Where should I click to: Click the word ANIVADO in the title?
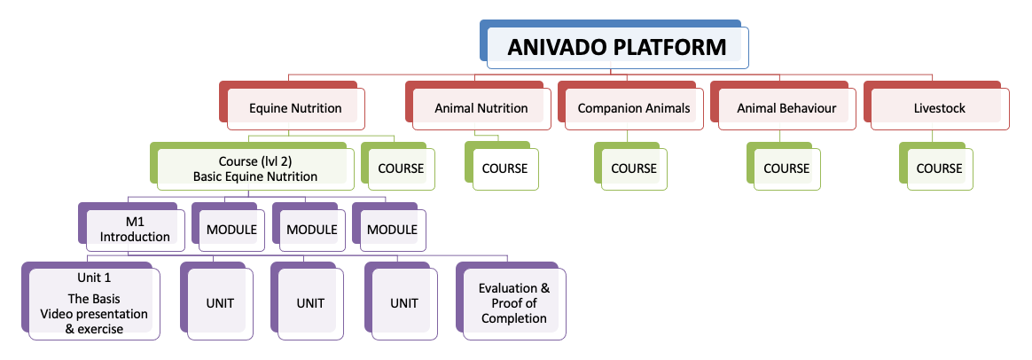558,47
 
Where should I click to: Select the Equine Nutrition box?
295,108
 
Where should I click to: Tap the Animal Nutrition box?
481,108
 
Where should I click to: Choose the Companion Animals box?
633,108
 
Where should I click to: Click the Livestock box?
939,108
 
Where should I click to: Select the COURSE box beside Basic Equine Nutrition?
401,168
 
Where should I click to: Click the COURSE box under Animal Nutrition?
504,168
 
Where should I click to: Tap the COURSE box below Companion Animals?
634,168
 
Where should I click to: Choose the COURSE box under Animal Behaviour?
786,168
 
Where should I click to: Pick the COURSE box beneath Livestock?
939,168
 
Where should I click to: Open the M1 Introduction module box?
135,230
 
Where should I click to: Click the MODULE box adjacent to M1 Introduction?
231,230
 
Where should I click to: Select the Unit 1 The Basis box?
94,303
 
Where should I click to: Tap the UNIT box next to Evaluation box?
403,303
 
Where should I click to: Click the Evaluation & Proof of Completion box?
514,303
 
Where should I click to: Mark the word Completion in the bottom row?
514,318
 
